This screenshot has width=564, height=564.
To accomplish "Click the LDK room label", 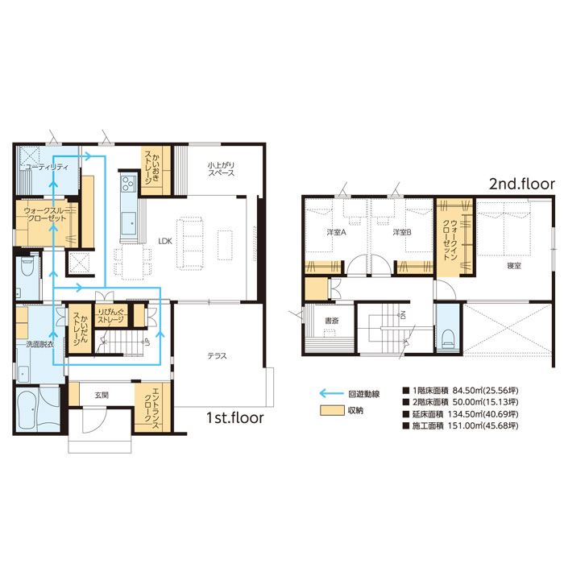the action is [x=165, y=242].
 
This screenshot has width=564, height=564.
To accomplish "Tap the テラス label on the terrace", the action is [x=217, y=356].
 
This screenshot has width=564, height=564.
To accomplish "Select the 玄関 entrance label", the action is [x=102, y=396].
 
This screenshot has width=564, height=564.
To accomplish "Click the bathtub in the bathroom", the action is [x=27, y=408].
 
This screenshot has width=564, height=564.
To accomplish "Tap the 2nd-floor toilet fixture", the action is [x=448, y=338].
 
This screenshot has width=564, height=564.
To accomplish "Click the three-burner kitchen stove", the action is [x=127, y=183].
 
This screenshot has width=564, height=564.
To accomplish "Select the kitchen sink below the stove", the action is [x=129, y=223].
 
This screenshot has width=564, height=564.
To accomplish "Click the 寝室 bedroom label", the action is [x=514, y=266].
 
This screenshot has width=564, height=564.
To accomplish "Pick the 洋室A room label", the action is [x=336, y=232].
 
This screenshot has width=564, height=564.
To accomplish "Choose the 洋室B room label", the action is [x=402, y=232].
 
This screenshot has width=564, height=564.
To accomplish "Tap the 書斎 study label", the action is [x=331, y=320].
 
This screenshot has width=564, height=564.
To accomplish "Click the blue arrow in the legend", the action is [x=331, y=393].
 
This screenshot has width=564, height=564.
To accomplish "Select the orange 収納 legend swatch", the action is [x=332, y=410].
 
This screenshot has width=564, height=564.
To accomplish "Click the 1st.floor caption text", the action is [x=235, y=417].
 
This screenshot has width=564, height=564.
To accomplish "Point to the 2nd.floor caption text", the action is [x=522, y=184].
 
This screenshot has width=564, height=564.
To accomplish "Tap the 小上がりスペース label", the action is [x=221, y=169].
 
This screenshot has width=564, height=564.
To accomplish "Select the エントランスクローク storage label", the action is [x=151, y=405].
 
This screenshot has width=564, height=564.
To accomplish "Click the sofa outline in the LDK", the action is [x=190, y=243].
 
